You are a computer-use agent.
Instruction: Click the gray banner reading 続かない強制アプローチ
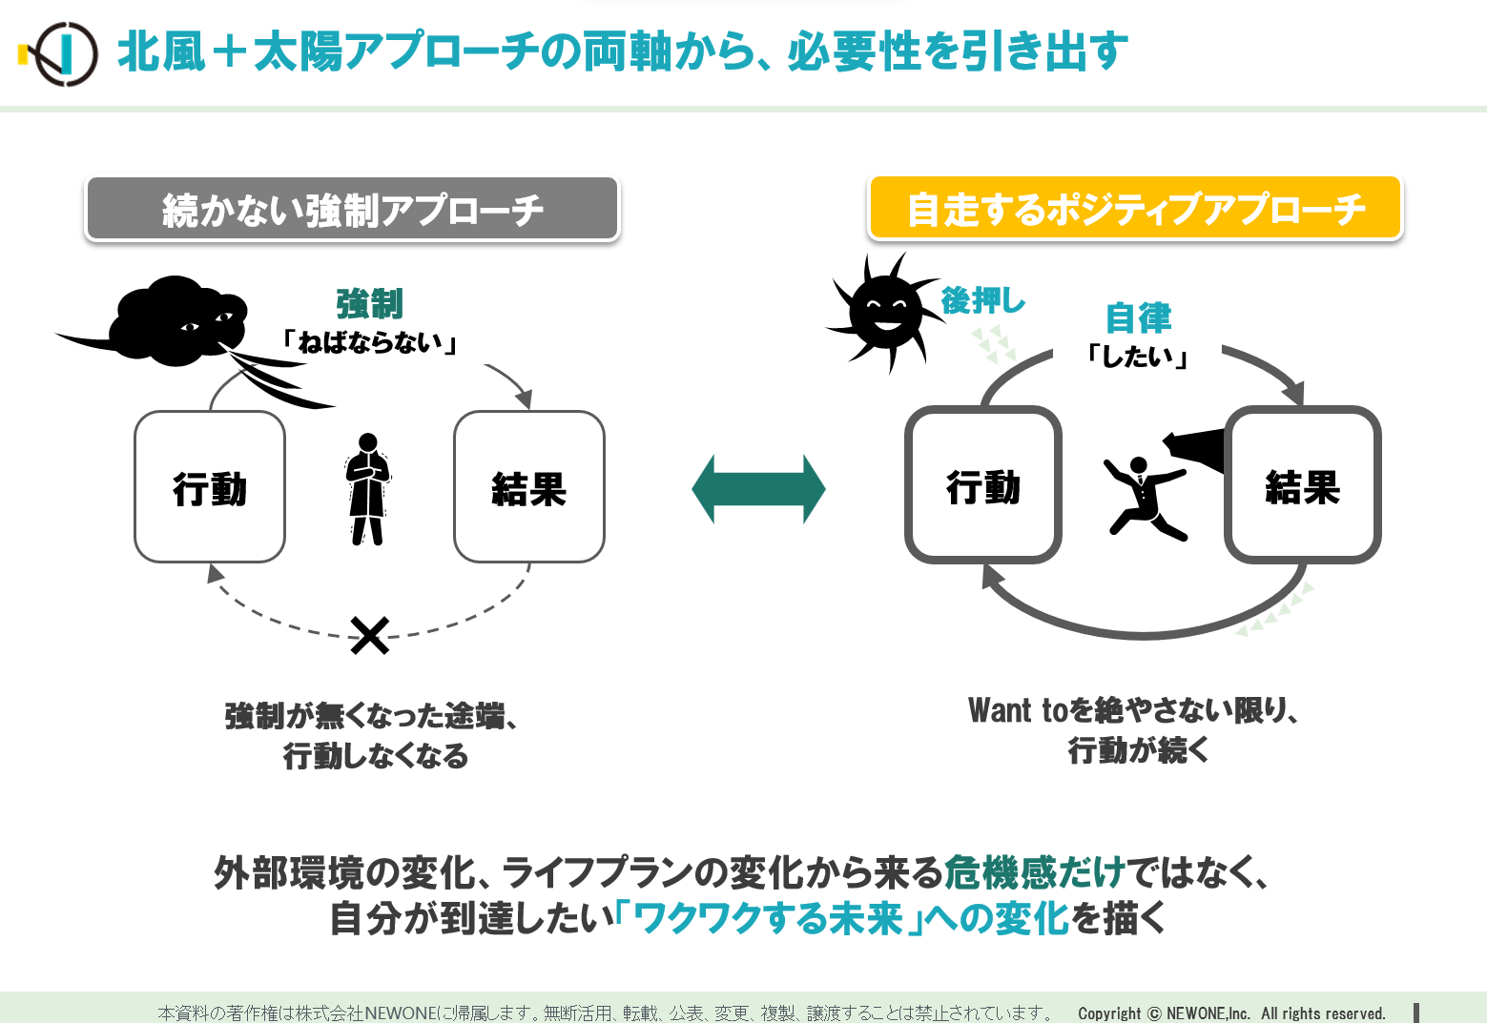(353, 208)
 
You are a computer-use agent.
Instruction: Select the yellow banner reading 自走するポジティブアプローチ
(1135, 208)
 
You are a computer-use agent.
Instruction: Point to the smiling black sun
(885, 312)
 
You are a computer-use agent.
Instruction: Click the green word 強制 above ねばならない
(370, 304)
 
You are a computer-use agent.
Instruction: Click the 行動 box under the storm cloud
(210, 487)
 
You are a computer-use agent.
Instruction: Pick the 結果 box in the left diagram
(529, 487)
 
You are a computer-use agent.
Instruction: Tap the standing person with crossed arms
(368, 489)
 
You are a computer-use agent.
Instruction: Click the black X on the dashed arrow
(370, 636)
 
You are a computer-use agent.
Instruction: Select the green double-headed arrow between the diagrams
(758, 489)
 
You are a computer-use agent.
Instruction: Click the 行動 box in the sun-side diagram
(983, 485)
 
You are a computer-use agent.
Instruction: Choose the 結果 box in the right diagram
(1303, 485)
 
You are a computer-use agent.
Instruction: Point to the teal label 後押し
(983, 301)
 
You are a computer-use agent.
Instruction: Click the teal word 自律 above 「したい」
(1138, 318)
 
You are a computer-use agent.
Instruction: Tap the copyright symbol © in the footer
(1154, 1013)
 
